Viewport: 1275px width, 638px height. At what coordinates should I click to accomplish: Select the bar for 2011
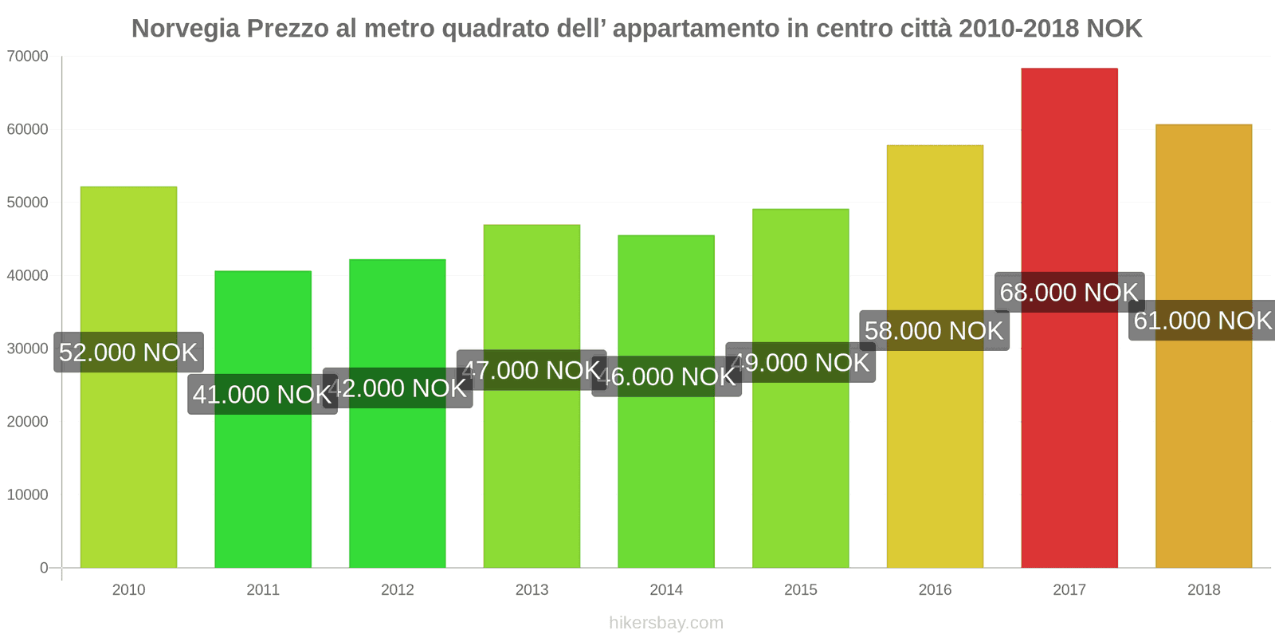tap(263, 478)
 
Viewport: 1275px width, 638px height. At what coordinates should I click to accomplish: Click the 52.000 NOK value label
tap(128, 352)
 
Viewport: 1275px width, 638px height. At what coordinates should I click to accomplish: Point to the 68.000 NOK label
tap(1069, 293)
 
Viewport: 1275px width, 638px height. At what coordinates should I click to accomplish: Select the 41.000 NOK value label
tap(261, 395)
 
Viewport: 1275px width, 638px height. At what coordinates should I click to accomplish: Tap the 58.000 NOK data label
tap(934, 331)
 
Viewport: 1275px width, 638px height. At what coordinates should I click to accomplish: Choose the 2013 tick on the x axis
tap(532, 590)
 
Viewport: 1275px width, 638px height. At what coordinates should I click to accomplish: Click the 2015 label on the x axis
tap(800, 590)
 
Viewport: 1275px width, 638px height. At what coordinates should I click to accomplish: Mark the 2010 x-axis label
tap(128, 590)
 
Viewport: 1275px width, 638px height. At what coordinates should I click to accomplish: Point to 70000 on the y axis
tap(28, 57)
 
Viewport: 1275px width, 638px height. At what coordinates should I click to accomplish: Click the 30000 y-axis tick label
tap(28, 349)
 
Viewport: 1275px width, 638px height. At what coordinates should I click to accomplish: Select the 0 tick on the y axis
tap(44, 568)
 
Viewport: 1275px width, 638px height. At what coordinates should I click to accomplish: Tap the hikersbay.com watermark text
tap(666, 623)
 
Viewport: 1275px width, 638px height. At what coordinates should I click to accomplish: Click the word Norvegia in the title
tap(185, 29)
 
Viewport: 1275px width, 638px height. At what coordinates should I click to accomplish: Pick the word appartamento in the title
tap(695, 29)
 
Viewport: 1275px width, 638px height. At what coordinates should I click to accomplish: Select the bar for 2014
tap(666, 478)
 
